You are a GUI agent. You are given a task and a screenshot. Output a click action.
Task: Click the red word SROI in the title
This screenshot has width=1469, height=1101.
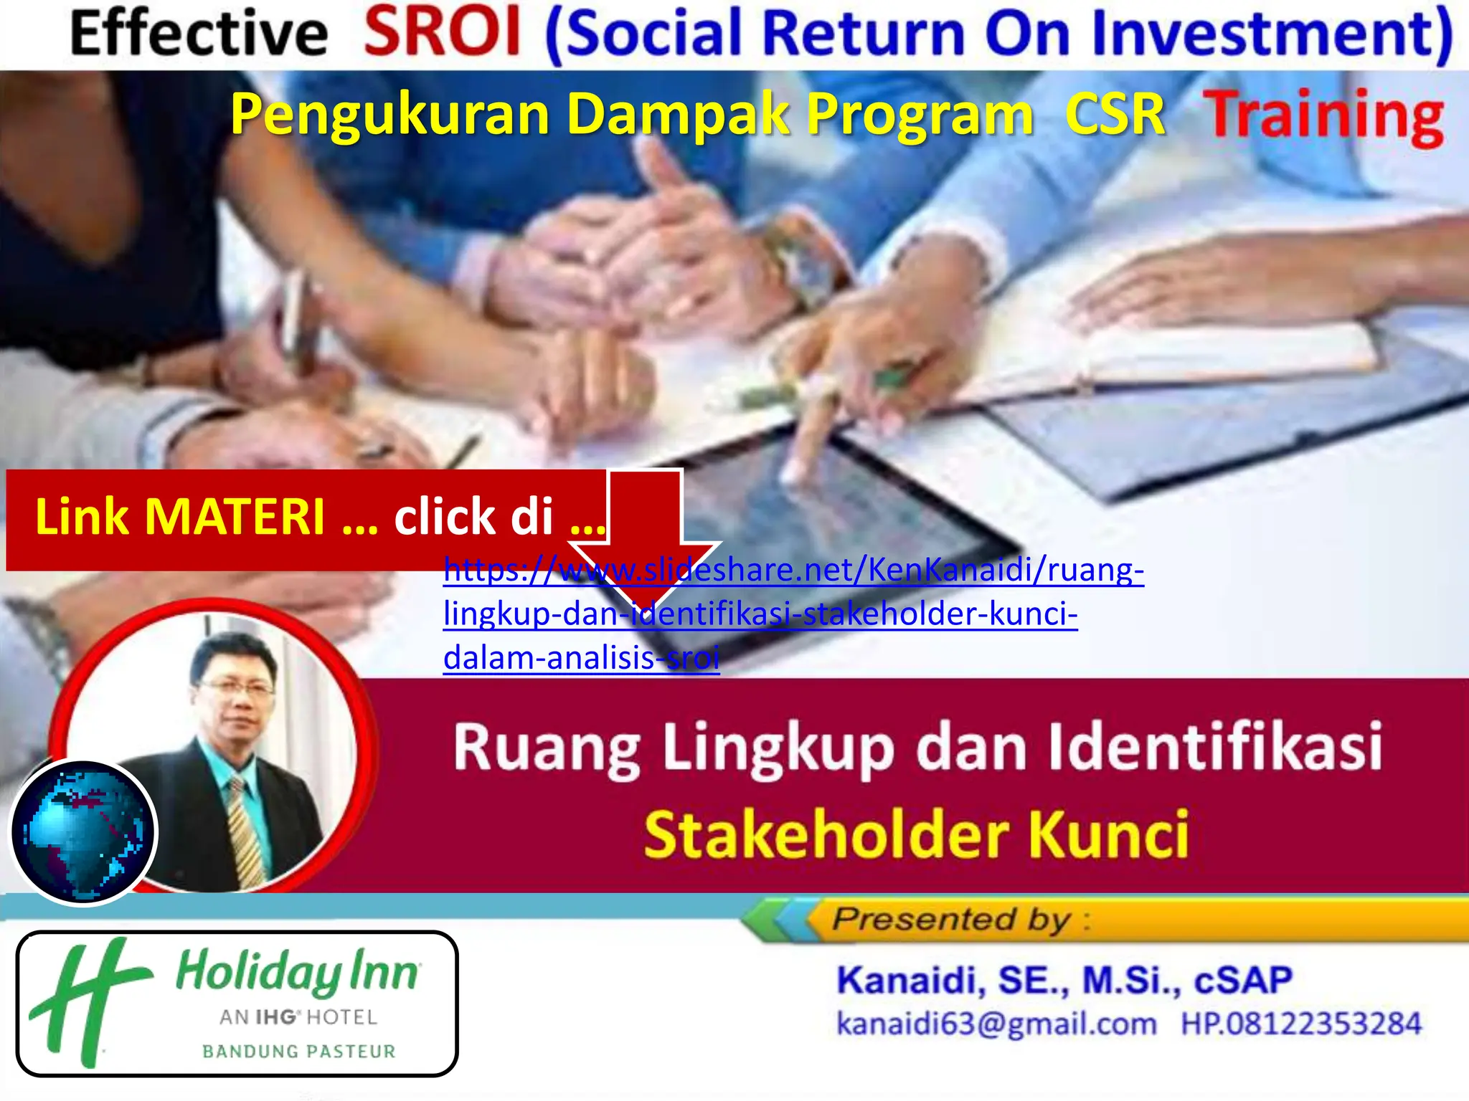442,33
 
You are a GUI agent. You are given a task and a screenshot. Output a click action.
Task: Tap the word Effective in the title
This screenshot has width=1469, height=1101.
199,34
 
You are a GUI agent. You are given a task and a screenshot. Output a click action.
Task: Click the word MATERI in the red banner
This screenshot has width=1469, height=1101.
236,517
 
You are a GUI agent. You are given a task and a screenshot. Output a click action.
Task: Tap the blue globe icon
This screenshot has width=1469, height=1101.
83,832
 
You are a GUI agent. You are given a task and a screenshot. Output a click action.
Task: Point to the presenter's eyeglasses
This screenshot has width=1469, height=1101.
235,689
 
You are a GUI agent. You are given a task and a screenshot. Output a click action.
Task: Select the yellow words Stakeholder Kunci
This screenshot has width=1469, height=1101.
916,835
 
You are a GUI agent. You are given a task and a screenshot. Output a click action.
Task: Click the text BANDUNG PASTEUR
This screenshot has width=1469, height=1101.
298,1052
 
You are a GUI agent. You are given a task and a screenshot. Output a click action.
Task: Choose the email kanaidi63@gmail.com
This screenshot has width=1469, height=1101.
996,1024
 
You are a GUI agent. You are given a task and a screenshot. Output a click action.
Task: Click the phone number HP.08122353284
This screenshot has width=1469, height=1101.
1301,1024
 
